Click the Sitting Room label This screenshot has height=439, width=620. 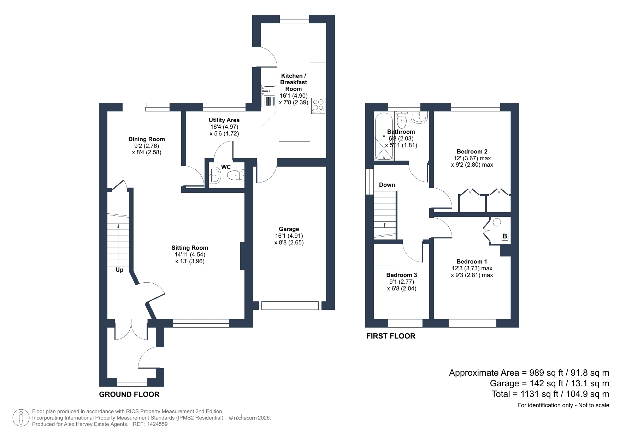[190, 248]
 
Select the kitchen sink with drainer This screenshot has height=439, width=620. [268, 96]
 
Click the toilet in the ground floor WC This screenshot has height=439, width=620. [236, 175]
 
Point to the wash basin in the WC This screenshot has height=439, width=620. [215, 175]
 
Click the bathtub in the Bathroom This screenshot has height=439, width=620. [383, 137]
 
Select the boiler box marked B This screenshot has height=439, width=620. [505, 236]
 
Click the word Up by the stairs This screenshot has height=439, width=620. [119, 270]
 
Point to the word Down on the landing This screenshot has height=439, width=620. [387, 185]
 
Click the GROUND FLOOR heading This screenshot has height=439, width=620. [129, 394]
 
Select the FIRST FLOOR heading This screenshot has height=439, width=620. [391, 336]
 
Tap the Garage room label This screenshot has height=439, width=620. [289, 229]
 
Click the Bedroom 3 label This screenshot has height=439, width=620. [402, 275]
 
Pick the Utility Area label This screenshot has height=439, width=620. [224, 120]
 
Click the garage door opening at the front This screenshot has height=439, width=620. [290, 306]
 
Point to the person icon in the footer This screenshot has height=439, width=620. [22, 418]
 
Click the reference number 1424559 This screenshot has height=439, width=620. [157, 424]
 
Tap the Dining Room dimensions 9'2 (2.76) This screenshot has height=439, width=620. [147, 146]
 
